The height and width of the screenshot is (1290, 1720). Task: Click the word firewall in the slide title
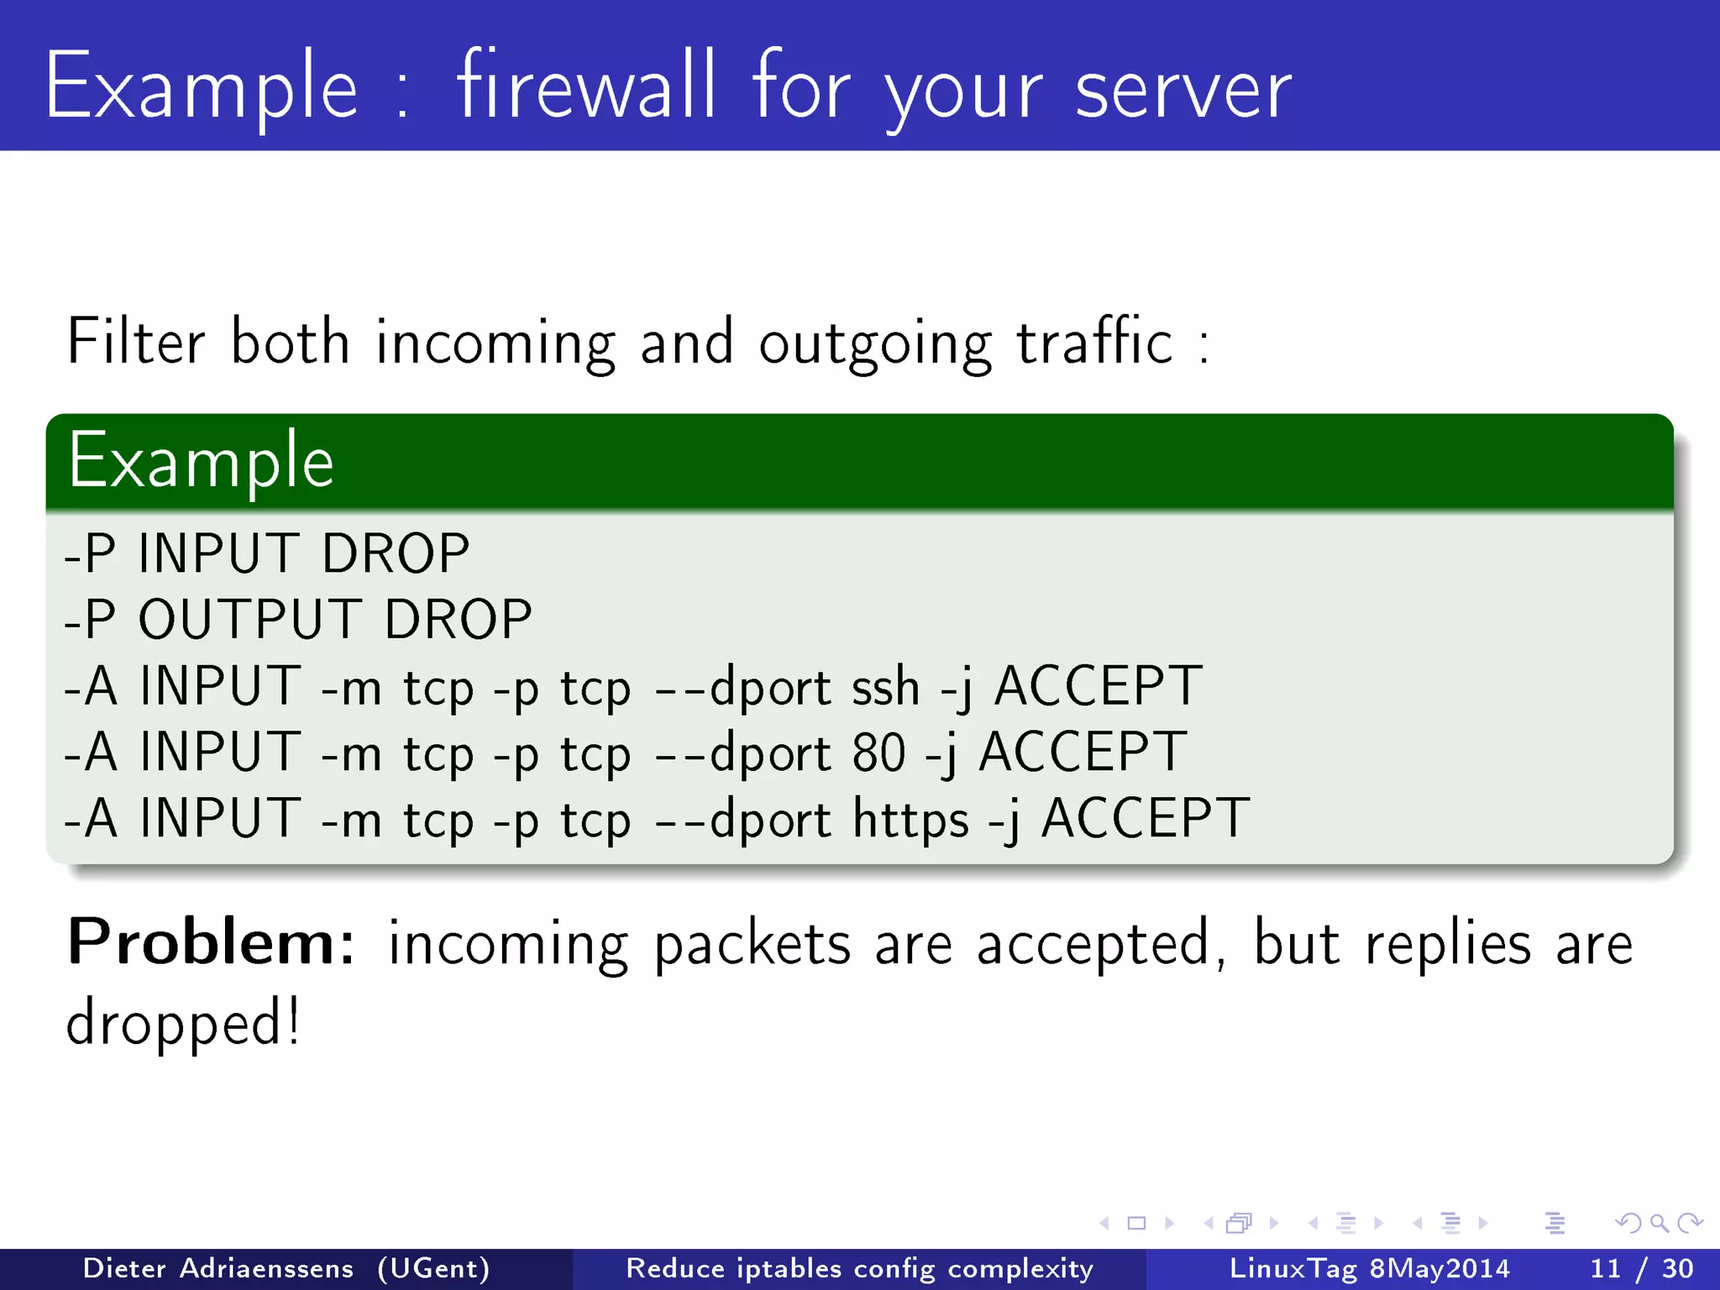click(x=586, y=86)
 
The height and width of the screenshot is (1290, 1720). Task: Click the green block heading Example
click(x=202, y=460)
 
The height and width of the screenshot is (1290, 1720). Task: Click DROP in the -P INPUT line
click(x=396, y=554)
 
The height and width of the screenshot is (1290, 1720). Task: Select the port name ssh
click(x=885, y=687)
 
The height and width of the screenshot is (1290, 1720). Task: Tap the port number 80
click(x=878, y=752)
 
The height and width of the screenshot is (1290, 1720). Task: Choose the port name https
click(x=910, y=819)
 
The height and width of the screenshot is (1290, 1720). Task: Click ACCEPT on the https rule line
click(x=1145, y=819)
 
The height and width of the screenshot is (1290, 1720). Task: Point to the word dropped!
click(x=183, y=1023)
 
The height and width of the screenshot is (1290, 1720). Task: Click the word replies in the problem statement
click(x=1448, y=944)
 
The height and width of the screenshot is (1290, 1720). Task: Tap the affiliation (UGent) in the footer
click(x=433, y=1268)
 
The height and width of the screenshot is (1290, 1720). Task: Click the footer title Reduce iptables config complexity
click(x=859, y=1268)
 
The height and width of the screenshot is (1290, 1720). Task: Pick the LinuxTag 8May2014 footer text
click(x=1369, y=1268)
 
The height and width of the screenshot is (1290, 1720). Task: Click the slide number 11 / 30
click(x=1641, y=1268)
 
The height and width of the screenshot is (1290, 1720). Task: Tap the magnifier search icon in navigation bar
click(x=1659, y=1223)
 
